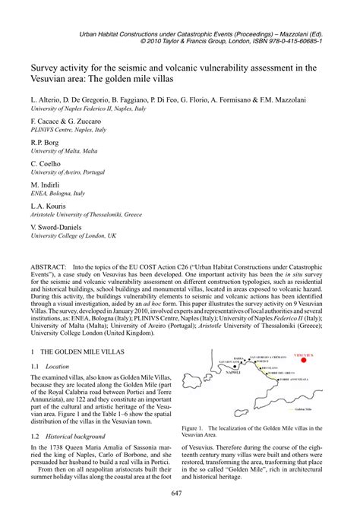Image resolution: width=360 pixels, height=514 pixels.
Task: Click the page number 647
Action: pyautogui.click(x=180, y=495)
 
